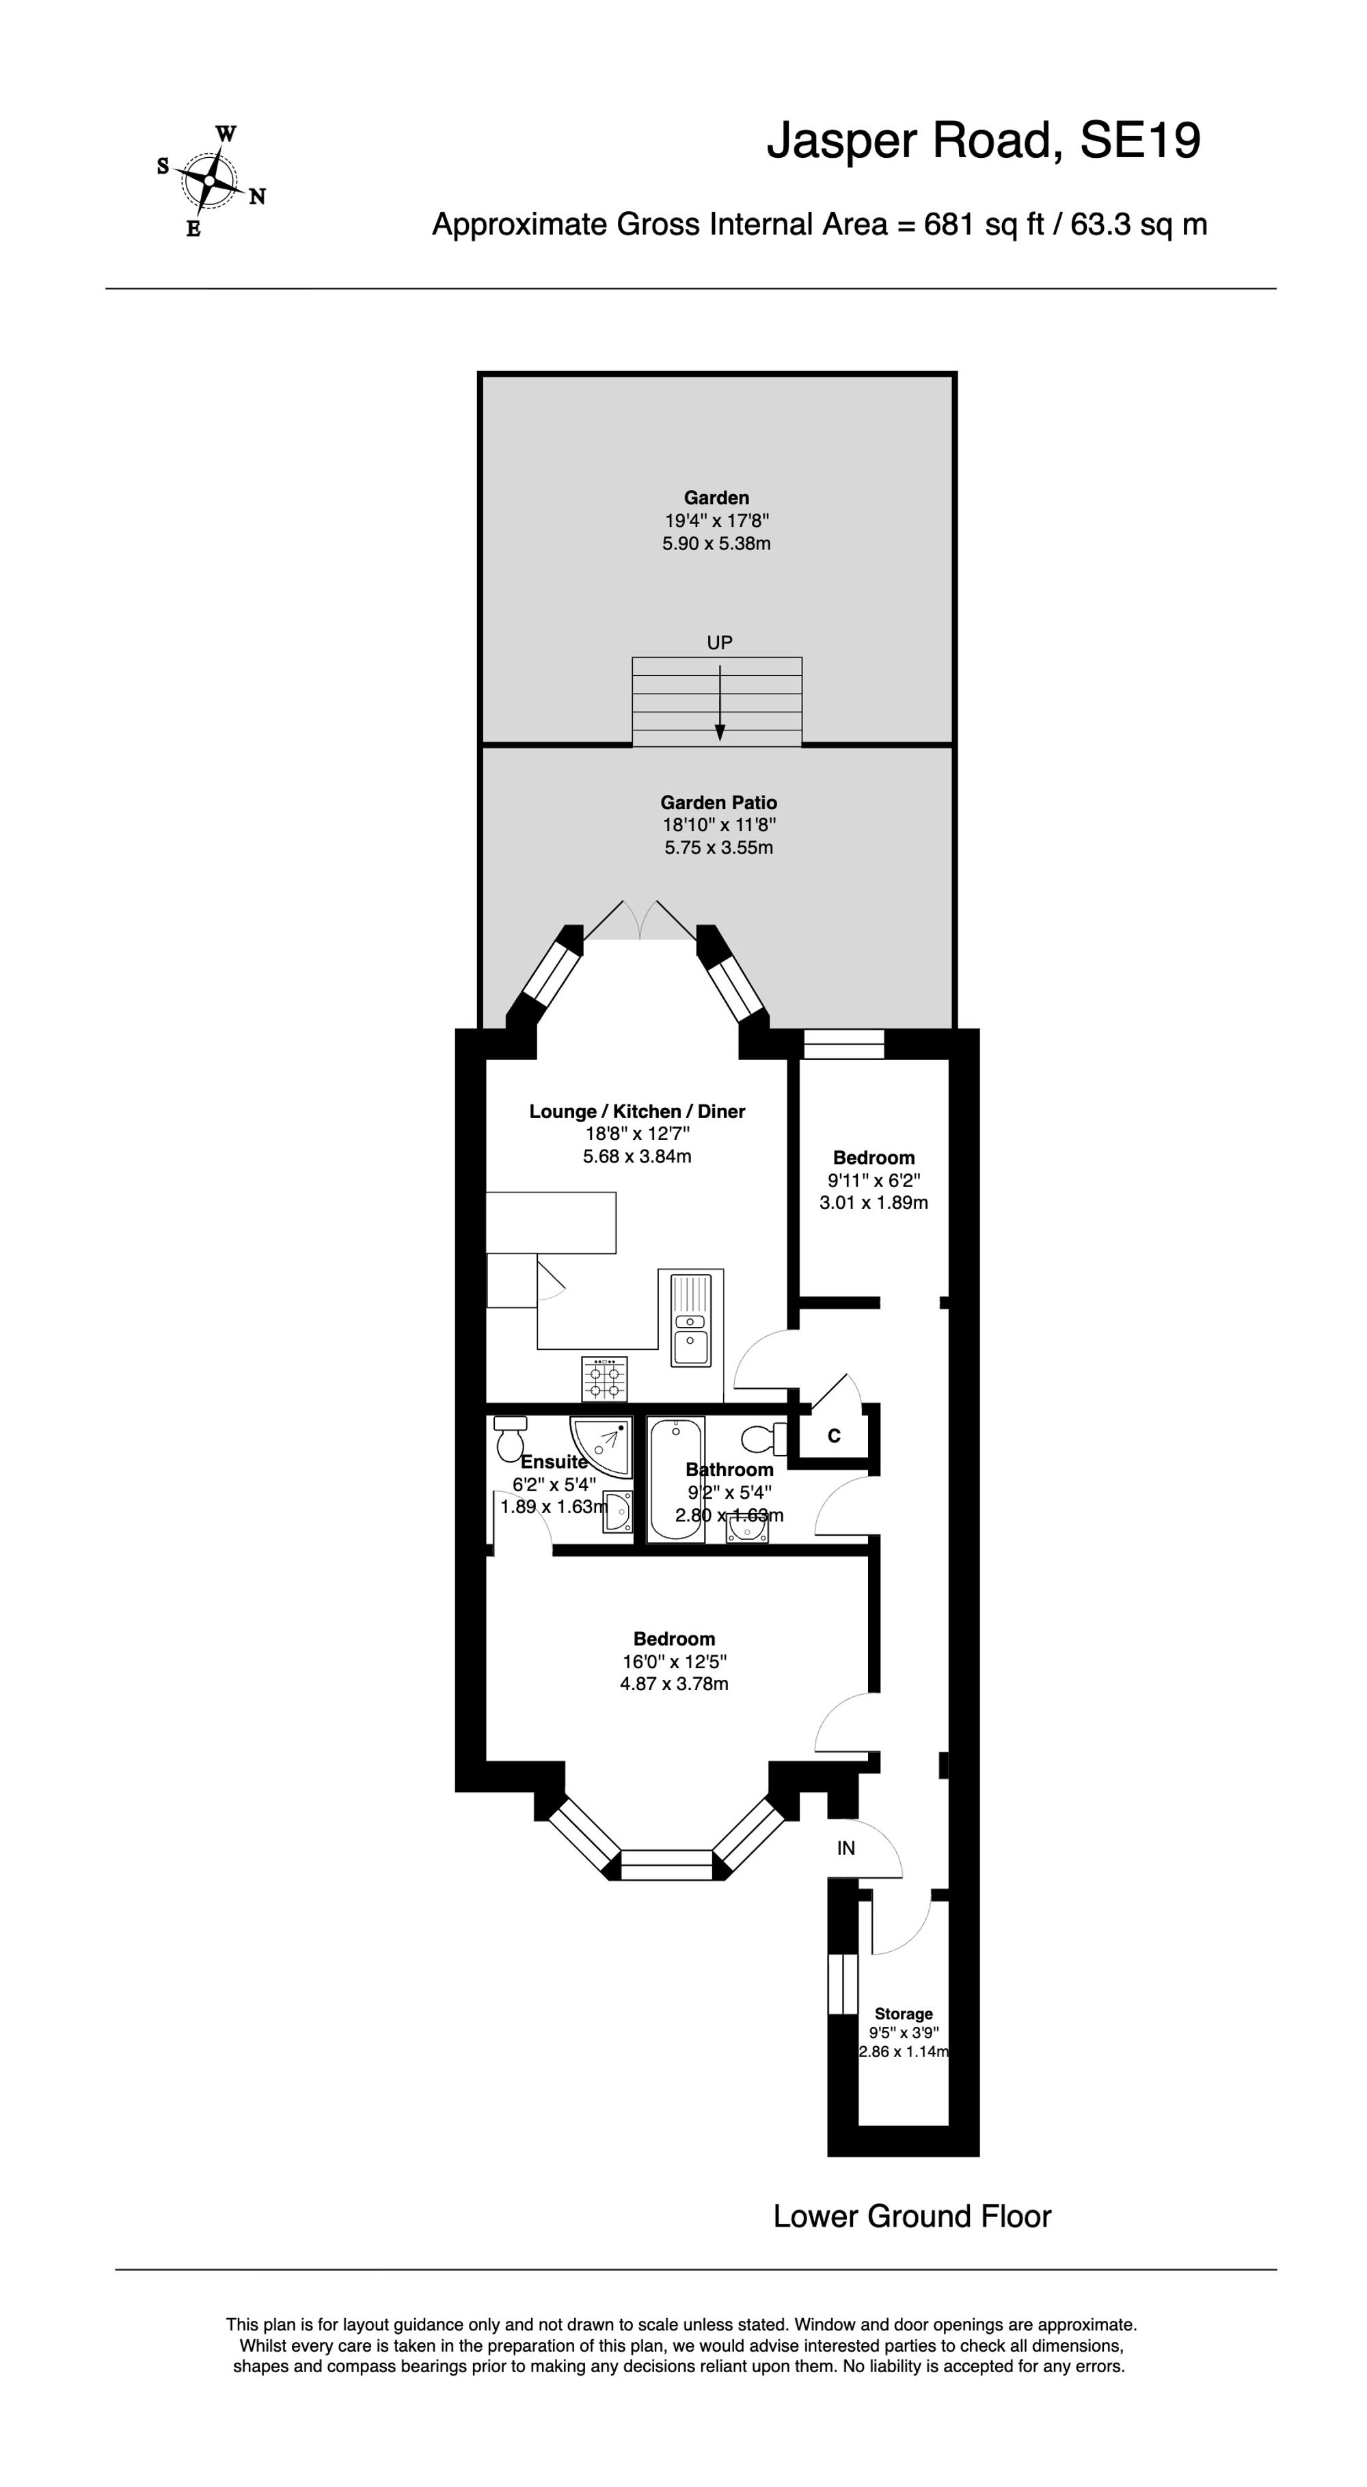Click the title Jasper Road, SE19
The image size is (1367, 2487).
coord(983,141)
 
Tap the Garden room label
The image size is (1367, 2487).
coord(716,498)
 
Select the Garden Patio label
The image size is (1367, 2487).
coord(718,802)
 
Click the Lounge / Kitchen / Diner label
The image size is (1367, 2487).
coord(637,1111)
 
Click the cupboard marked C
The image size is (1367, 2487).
coord(834,1437)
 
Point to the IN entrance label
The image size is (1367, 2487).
coord(845,1848)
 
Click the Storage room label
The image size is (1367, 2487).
coord(903,2014)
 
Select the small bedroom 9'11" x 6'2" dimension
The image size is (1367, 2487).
coord(874,1180)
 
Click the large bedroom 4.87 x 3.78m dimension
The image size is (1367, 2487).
coord(674,1684)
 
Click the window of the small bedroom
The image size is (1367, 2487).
coord(843,1044)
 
